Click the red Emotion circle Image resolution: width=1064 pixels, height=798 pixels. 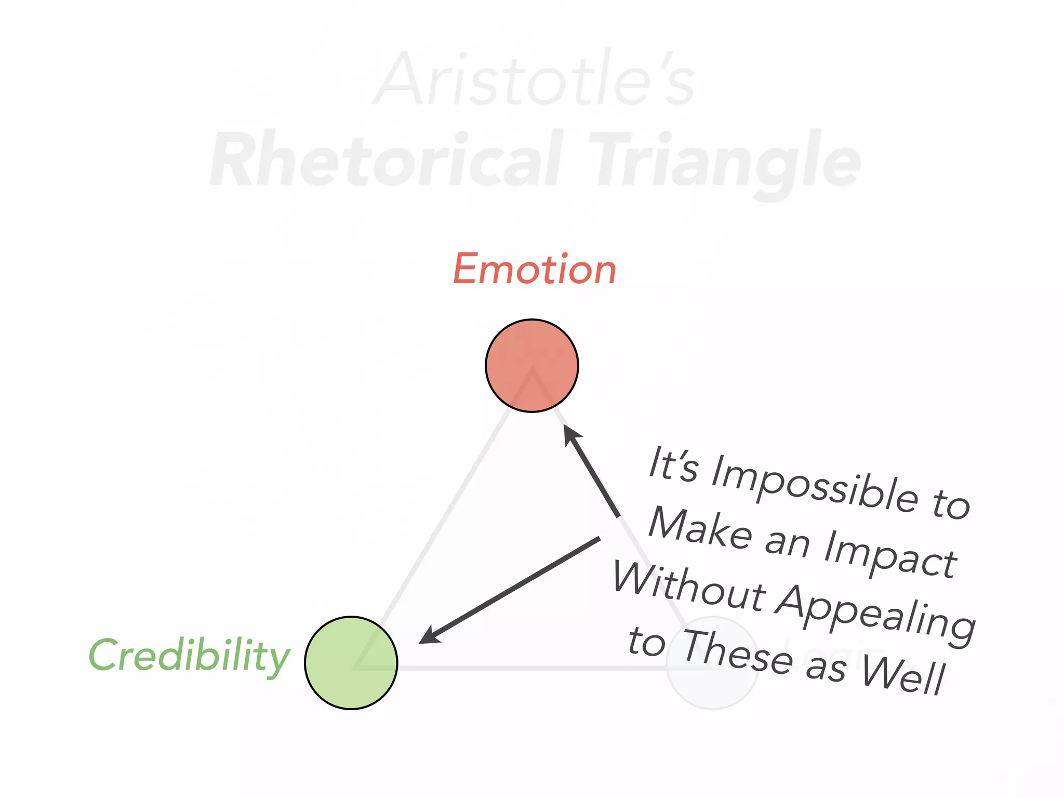tap(531, 365)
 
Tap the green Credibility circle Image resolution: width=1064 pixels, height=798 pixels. tap(351, 662)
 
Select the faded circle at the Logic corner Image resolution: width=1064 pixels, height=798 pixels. tap(712, 662)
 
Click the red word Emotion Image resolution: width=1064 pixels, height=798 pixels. tap(535, 269)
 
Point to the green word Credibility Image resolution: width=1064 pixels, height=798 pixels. tap(189, 656)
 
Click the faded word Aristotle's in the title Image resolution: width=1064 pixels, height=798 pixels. tap(534, 79)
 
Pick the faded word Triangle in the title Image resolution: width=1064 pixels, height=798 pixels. tap(724, 161)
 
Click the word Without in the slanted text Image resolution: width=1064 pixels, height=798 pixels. tap(689, 587)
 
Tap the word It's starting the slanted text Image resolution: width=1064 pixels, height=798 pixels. tap(673, 464)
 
